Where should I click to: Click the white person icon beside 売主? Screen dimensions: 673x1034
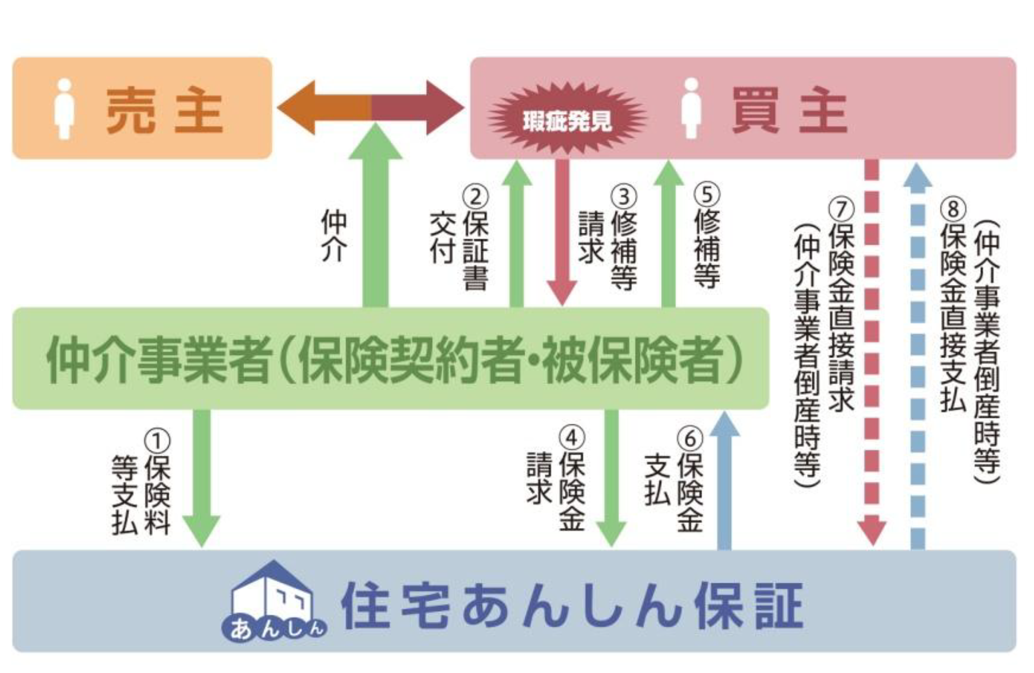point(64,109)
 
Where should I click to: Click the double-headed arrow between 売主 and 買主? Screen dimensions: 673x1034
point(370,107)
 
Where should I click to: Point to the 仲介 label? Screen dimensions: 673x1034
point(334,235)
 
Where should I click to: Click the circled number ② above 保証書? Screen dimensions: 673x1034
point(475,197)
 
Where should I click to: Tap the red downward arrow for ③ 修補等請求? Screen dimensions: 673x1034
point(562,232)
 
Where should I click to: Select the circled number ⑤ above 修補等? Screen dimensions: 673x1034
point(707,195)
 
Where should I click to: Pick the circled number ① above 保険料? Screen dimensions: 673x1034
point(157,441)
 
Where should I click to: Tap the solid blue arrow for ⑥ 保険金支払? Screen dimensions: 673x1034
point(724,480)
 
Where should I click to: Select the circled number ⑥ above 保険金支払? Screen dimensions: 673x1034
point(690,439)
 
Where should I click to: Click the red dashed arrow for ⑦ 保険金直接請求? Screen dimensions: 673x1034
point(871,351)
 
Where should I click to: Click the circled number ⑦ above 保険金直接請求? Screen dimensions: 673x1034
point(842,209)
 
